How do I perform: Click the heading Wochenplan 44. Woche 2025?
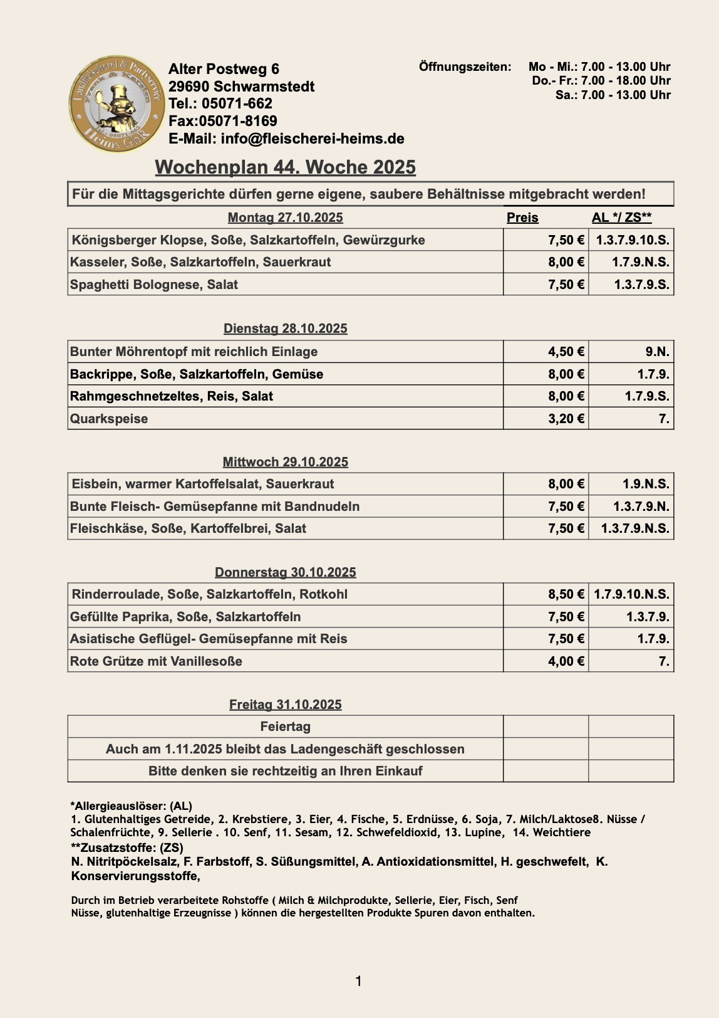point(285,167)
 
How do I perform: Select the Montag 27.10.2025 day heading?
point(285,218)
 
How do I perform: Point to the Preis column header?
point(522,218)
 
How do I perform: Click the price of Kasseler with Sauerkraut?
point(566,262)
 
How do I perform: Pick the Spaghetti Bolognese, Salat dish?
point(154,285)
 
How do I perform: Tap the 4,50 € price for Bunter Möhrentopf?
point(566,352)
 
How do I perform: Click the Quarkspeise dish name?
point(109,419)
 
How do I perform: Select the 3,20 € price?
point(566,419)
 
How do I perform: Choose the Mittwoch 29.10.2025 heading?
point(285,462)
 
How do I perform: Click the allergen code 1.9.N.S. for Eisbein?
point(646,484)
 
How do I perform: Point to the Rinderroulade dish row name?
point(209,594)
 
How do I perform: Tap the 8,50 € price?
point(566,594)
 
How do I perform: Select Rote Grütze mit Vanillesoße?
point(156,661)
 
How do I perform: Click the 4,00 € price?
point(566,661)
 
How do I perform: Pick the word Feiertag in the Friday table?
point(285,727)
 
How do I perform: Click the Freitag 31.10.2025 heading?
point(285,705)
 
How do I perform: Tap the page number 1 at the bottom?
point(359,981)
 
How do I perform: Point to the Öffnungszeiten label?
point(465,66)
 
